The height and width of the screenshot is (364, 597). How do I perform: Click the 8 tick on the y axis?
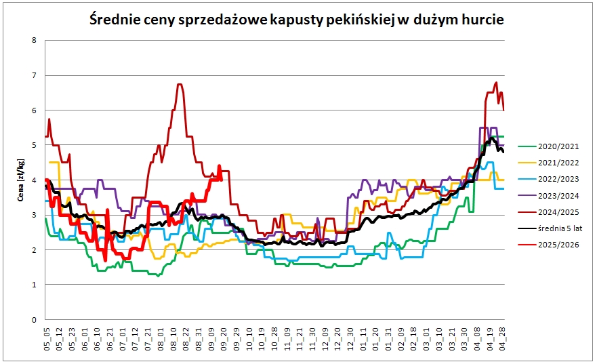tap(34, 40)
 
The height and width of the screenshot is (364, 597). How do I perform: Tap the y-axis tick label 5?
tap(34, 145)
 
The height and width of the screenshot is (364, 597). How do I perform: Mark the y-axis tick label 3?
tap(34, 215)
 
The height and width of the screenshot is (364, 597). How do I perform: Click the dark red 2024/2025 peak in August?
tap(180, 84)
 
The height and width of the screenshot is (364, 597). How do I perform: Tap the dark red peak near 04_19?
tap(496, 83)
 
